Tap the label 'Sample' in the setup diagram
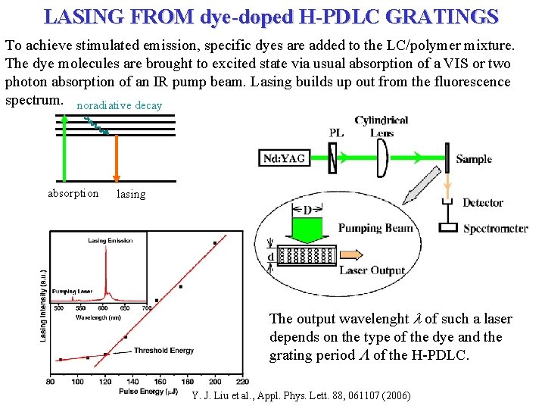[x=475, y=159]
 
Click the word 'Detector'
[x=483, y=202]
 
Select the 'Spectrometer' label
[x=496, y=228]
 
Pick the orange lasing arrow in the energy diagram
[x=117, y=158]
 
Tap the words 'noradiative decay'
[x=120, y=105]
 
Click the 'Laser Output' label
[x=372, y=270]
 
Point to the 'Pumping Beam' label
[x=375, y=227]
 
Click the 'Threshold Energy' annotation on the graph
[x=163, y=351]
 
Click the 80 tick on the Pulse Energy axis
[x=50, y=381]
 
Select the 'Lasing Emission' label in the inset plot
[x=111, y=241]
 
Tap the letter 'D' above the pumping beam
[x=307, y=209]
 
